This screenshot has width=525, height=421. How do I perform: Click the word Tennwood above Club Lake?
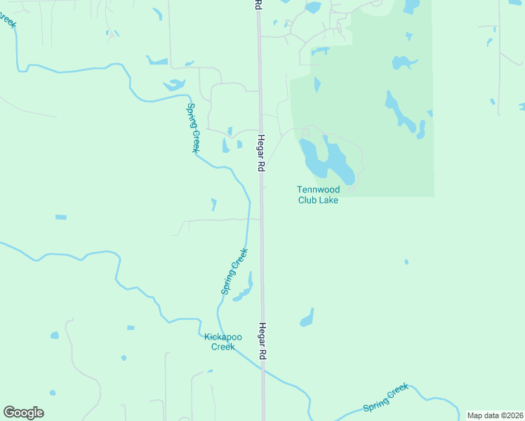tap(318, 189)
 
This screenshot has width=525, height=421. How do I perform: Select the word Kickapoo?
tap(222, 337)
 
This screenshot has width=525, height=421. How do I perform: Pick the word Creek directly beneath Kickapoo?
tap(222, 347)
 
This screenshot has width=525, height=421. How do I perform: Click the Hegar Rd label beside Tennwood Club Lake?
tap(260, 153)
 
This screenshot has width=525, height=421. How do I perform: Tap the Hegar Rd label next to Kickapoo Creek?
tap(262, 342)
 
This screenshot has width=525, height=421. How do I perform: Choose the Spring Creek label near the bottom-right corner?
tap(385, 398)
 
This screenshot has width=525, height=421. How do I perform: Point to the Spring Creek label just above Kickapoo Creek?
tap(235, 272)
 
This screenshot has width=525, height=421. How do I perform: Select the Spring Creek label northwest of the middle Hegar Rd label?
tap(193, 128)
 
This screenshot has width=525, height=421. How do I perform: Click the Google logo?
tap(23, 413)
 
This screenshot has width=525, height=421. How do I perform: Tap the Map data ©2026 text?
tap(494, 415)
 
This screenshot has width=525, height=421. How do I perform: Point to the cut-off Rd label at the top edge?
tap(258, 4)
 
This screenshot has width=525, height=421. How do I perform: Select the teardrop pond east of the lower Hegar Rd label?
tap(307, 318)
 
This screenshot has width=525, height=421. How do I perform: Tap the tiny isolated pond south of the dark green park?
tap(406, 262)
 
